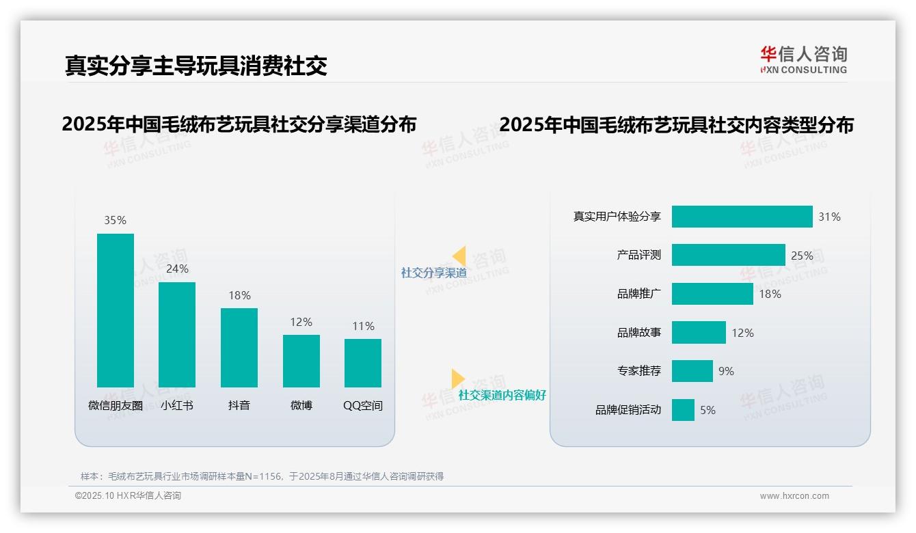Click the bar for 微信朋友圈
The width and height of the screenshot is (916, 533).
point(116,310)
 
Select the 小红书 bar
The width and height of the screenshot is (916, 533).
point(177,335)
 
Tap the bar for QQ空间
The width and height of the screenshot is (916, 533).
point(363,363)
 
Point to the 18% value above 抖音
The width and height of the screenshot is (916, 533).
point(239,295)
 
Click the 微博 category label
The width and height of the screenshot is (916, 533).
point(301,405)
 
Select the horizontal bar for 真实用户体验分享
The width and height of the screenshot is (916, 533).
point(742,217)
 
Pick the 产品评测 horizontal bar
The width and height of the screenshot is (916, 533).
point(728,255)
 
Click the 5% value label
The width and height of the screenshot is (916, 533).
point(708,410)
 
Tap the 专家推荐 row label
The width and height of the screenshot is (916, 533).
point(639,371)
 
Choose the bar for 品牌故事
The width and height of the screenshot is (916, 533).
point(699,333)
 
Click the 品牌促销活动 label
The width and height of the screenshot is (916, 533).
point(628,410)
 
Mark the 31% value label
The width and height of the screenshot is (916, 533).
point(829,217)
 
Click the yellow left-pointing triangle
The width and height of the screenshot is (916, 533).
point(459,256)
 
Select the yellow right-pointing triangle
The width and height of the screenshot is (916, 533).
point(457,379)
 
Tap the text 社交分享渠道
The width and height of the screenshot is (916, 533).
point(433,273)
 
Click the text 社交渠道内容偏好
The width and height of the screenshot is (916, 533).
point(502,396)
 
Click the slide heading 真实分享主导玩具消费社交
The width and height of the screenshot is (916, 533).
point(196,65)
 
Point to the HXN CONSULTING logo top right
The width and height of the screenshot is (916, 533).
point(803,60)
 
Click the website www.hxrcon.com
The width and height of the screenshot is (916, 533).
point(794,496)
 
